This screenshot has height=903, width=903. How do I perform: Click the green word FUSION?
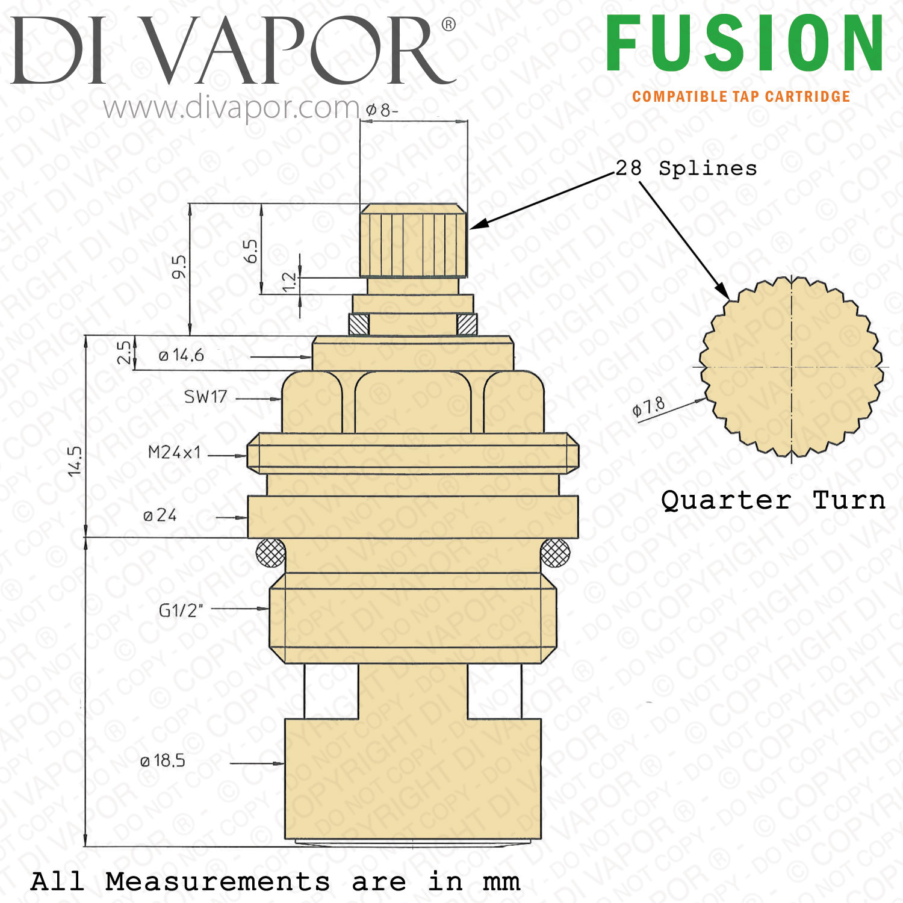745,43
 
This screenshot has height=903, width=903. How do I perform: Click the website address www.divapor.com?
232,108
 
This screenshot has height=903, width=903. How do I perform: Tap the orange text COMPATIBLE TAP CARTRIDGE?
741,97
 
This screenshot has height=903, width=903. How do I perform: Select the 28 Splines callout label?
686,169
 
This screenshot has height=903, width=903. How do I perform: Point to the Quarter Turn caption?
773,500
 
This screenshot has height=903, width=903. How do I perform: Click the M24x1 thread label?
174,452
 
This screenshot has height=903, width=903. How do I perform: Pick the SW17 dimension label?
205,397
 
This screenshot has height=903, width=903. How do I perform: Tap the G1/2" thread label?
181,610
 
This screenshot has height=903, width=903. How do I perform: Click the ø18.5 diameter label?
163,761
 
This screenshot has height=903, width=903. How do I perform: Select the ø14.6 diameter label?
181,355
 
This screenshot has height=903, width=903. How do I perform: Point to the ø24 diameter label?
160,515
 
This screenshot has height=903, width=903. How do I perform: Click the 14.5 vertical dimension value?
75,461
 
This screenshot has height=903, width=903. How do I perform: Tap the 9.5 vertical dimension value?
179,267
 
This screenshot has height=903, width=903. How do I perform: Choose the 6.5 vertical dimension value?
251,251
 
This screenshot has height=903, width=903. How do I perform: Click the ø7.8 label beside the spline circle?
648,408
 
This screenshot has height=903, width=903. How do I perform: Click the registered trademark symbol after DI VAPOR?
448,25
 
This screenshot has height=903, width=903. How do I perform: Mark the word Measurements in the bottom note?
217,882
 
